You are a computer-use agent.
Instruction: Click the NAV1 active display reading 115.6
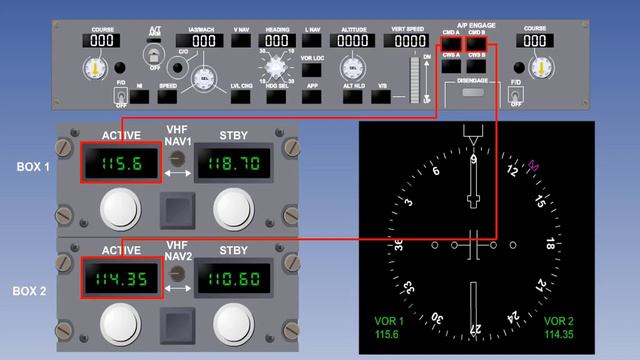pos(121,163)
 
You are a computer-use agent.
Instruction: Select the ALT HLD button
pos(354,98)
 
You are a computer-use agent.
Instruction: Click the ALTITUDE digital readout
pos(354,41)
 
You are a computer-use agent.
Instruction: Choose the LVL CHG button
pos(240,98)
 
